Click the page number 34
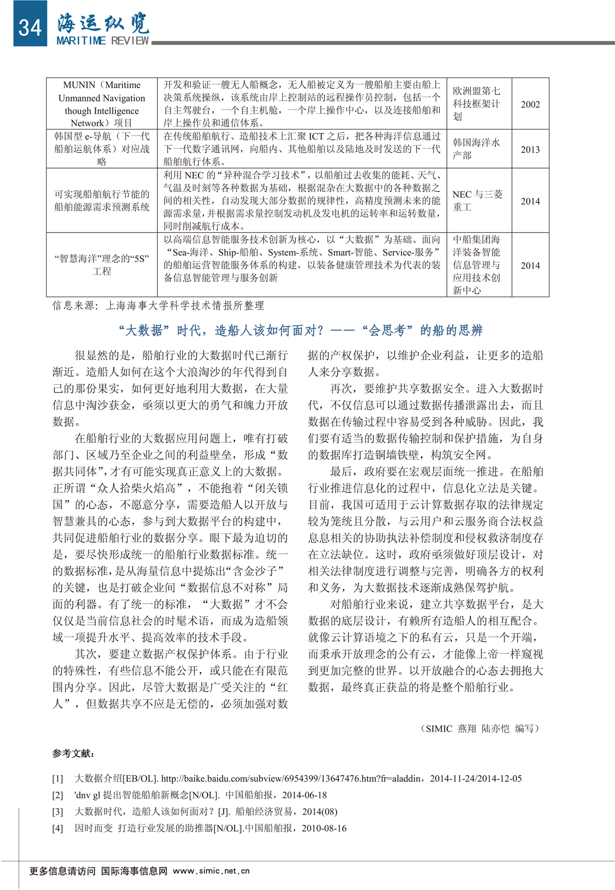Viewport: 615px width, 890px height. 30,27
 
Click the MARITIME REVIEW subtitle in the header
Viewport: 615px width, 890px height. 102,40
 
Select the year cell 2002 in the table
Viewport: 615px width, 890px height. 530,105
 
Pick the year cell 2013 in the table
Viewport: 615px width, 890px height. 530,150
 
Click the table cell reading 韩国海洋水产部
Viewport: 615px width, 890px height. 476,149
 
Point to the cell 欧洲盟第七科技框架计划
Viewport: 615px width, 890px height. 476,104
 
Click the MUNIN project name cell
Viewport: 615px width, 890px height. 101,104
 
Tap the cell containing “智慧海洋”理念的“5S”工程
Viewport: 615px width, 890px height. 101,265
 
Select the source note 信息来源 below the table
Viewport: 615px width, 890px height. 158,306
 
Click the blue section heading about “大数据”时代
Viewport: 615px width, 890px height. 300,330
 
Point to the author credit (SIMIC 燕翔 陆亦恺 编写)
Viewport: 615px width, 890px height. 480,729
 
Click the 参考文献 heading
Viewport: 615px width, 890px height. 73,753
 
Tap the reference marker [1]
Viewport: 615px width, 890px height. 57,779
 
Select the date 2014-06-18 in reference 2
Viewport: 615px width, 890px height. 304,795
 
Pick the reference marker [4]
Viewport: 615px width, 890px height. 57,829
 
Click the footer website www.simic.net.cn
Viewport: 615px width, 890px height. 211,871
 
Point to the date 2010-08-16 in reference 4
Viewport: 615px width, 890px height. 324,829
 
